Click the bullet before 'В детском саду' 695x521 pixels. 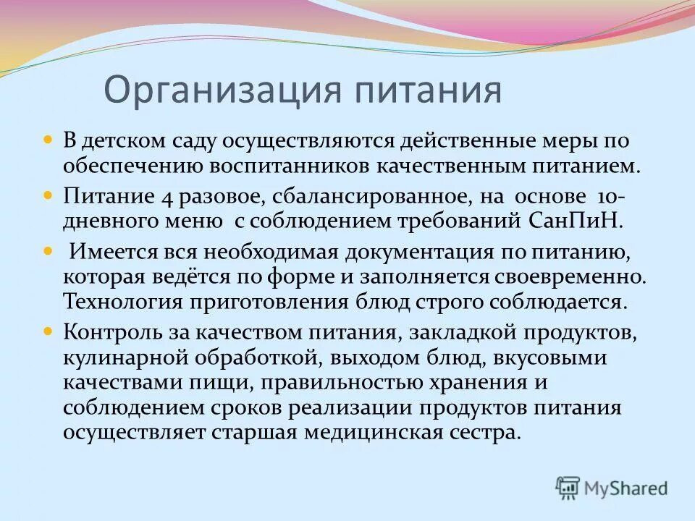pos(49,137)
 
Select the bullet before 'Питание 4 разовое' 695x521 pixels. pos(49,196)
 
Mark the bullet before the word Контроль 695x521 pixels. pos(49,331)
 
